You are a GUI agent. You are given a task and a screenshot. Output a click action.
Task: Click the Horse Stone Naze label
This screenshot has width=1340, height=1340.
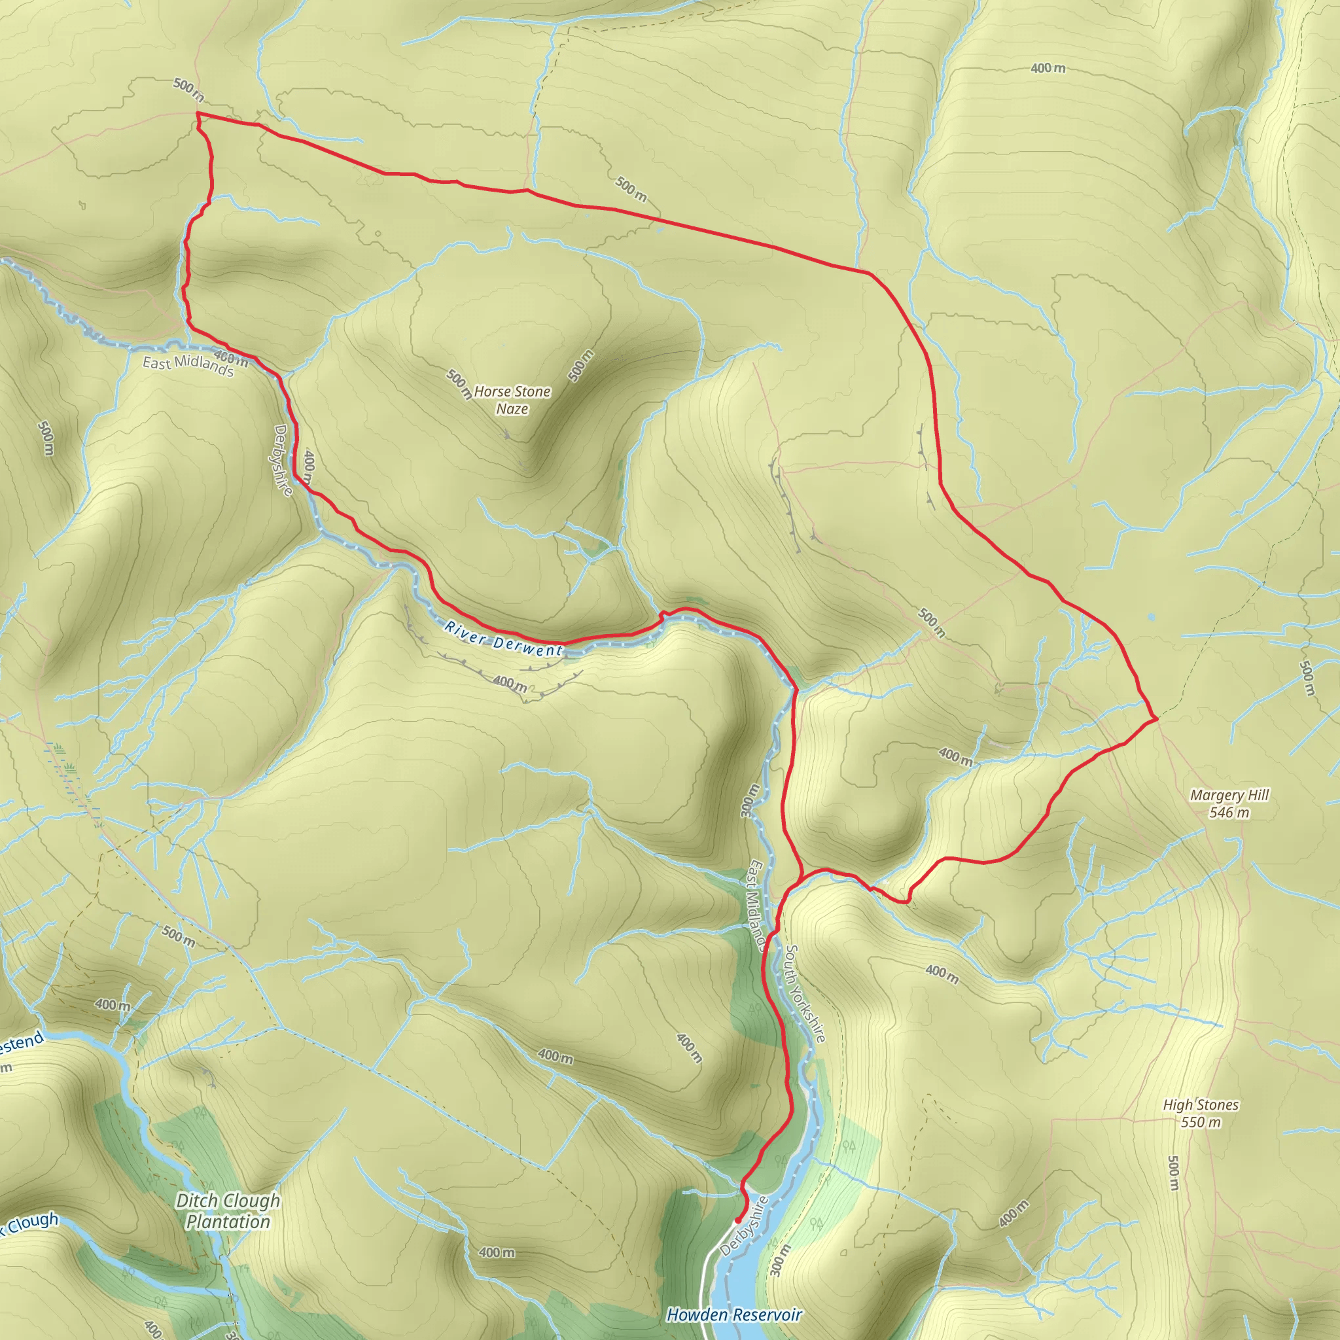pos(512,400)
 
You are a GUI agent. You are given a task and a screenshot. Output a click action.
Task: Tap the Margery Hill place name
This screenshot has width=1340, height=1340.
pos(1229,796)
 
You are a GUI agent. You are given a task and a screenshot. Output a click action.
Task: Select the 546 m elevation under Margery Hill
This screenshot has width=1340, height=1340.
pos(1229,813)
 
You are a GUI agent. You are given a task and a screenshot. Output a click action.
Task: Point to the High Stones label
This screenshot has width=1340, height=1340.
pos(1201,1105)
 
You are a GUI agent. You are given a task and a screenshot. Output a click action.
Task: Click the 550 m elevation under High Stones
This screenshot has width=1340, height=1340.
pos(1201,1122)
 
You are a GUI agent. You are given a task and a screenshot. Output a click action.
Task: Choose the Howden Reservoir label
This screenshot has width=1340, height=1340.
pos(734,1315)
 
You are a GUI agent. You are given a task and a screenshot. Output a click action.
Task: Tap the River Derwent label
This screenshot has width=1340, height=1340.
pos(504,639)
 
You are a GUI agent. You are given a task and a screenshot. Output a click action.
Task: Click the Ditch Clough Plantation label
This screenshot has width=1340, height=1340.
pos(228,1211)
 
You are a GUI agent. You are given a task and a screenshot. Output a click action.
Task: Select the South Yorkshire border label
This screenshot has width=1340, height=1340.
pos(805,993)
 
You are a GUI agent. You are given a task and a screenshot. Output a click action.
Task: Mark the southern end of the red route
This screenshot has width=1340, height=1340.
pos(737,1221)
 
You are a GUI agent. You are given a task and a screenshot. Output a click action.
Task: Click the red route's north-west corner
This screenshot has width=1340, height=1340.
pos(198,113)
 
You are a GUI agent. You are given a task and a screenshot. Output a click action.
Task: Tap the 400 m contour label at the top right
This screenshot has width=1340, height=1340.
pos(1048,68)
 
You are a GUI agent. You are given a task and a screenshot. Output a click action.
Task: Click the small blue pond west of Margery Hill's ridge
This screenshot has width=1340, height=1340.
pos(1152,616)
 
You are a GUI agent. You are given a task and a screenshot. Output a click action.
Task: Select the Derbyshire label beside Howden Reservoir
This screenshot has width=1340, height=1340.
pos(744,1225)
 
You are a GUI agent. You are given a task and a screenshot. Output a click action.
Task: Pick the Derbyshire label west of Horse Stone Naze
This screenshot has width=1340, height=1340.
pos(283,461)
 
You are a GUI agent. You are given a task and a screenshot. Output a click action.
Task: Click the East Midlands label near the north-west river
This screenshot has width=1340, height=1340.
pos(188,365)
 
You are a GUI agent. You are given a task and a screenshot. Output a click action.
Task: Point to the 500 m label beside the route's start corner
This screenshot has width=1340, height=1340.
pos(188,90)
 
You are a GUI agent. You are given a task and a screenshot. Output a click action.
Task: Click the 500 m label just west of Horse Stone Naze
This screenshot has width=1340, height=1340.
pos(459,384)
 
